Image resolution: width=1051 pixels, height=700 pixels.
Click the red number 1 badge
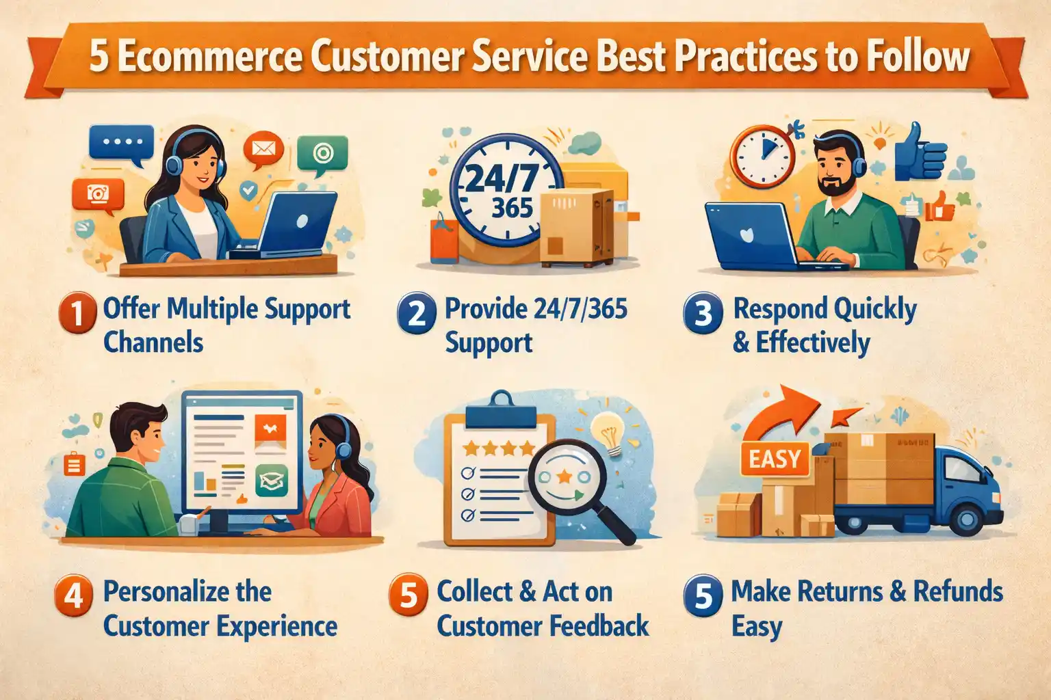[x=78, y=313]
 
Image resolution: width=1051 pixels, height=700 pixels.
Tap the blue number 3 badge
[x=703, y=313]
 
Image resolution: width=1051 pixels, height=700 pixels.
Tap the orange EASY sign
[x=775, y=459]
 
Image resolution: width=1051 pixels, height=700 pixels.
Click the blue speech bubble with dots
[x=121, y=144]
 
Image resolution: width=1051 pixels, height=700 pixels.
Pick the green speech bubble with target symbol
[x=322, y=154]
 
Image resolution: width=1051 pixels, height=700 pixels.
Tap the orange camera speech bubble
[x=98, y=196]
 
